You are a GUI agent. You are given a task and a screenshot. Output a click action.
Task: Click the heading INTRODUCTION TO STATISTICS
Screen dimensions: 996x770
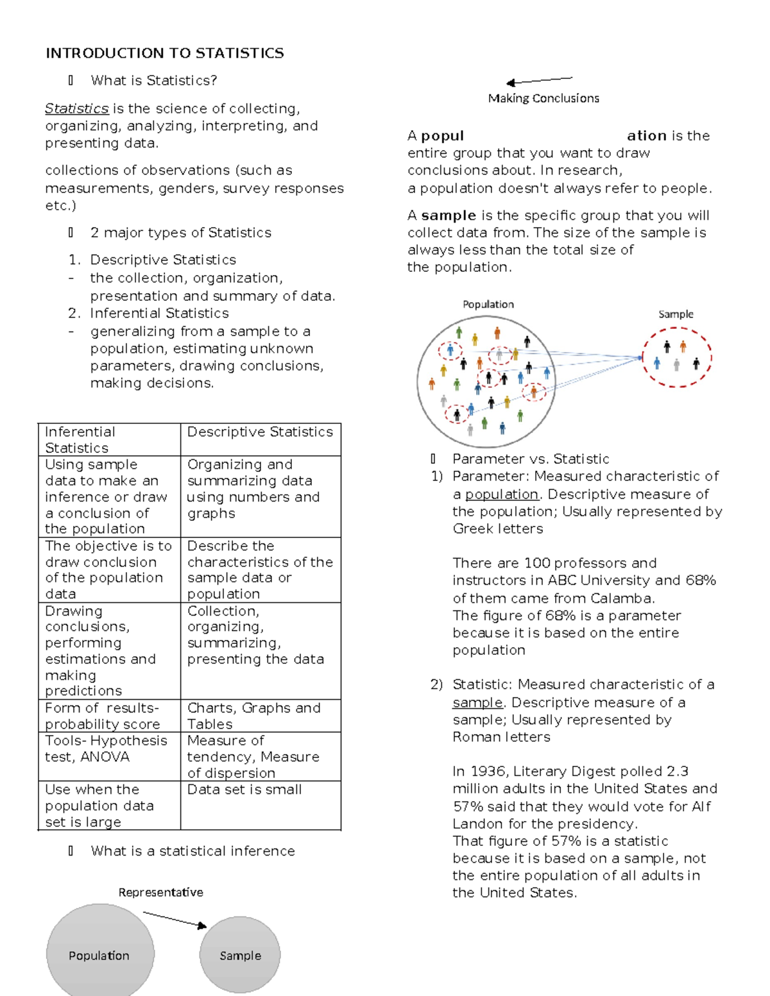tap(164, 53)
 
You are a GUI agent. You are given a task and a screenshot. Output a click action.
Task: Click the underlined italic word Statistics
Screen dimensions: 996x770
tap(76, 108)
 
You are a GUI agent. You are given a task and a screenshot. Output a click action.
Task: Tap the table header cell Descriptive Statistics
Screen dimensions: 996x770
tap(260, 432)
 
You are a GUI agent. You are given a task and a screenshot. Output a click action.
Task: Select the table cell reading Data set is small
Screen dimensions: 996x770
tap(244, 789)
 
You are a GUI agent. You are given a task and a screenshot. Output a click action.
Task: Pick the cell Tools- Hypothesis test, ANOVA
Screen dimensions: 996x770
tap(106, 748)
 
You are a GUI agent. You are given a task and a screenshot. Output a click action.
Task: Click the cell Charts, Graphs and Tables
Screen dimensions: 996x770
tap(253, 716)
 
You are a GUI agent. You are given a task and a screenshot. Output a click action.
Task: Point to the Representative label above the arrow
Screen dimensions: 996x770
tap(160, 892)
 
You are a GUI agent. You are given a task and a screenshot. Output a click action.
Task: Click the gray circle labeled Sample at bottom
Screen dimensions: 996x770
tap(240, 955)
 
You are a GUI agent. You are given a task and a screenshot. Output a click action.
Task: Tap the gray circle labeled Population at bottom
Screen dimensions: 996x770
tap(99, 955)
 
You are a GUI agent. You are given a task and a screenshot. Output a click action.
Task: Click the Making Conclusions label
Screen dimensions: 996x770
tap(543, 98)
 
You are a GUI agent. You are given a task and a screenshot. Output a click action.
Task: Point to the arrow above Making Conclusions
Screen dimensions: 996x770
tap(539, 80)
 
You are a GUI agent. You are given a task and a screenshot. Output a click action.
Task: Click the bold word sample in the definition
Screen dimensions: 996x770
tap(448, 215)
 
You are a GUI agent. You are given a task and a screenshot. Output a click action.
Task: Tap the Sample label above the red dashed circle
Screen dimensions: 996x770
tap(676, 314)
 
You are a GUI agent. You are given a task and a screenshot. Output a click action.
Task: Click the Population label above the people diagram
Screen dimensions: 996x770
tap(488, 304)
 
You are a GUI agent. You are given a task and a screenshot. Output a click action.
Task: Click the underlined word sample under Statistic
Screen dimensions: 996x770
tap(477, 702)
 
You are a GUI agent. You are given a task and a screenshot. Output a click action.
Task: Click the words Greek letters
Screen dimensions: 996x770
tap(498, 529)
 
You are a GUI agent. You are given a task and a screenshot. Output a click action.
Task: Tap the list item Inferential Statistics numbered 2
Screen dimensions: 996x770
tap(159, 313)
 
